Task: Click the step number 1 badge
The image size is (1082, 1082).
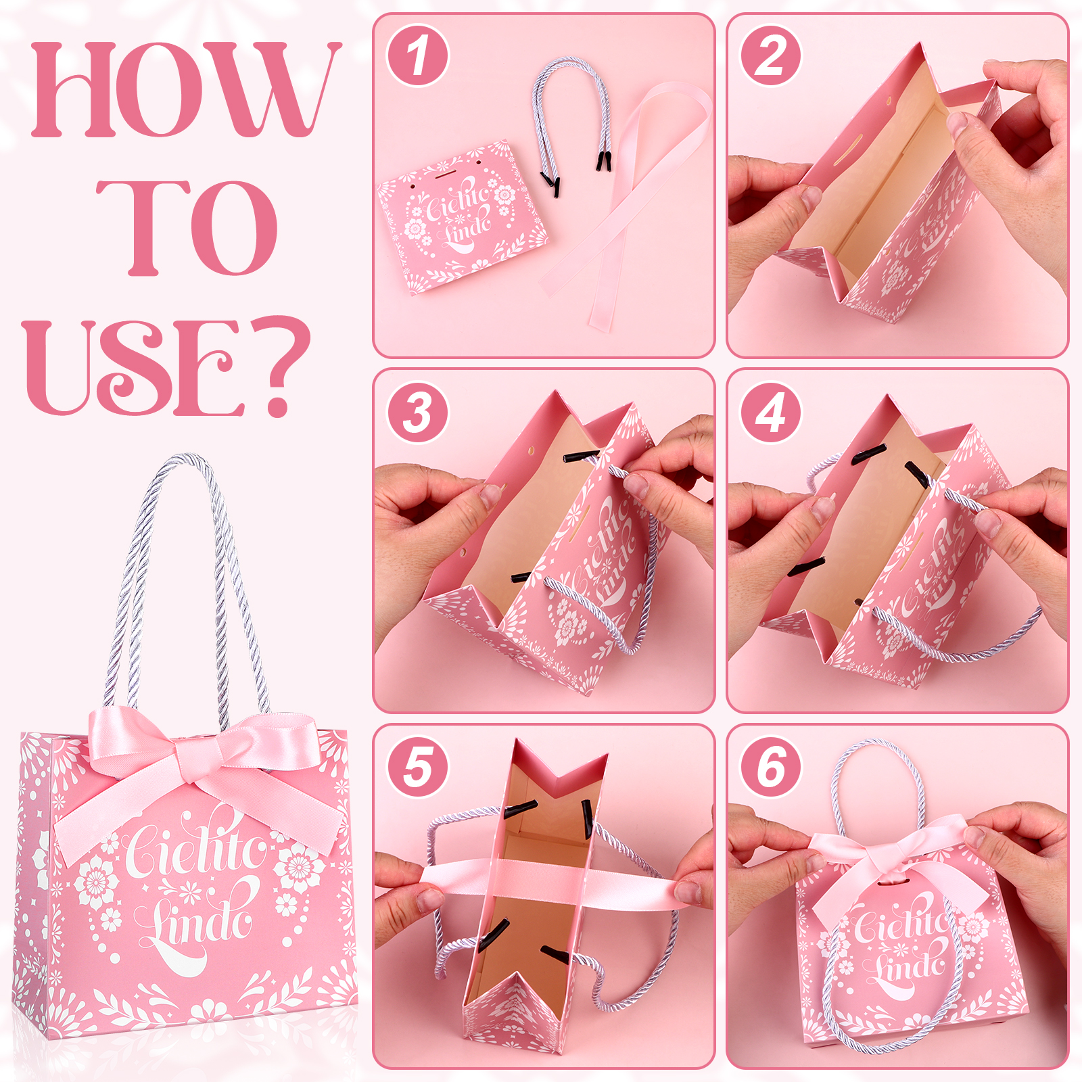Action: coord(418,55)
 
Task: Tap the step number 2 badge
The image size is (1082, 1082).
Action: coord(771,55)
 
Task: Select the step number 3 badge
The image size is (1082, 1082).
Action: coord(418,413)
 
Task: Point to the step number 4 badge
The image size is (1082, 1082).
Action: coord(771,413)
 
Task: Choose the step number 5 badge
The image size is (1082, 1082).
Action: coord(418,768)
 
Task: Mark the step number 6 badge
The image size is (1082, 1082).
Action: coord(771,768)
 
